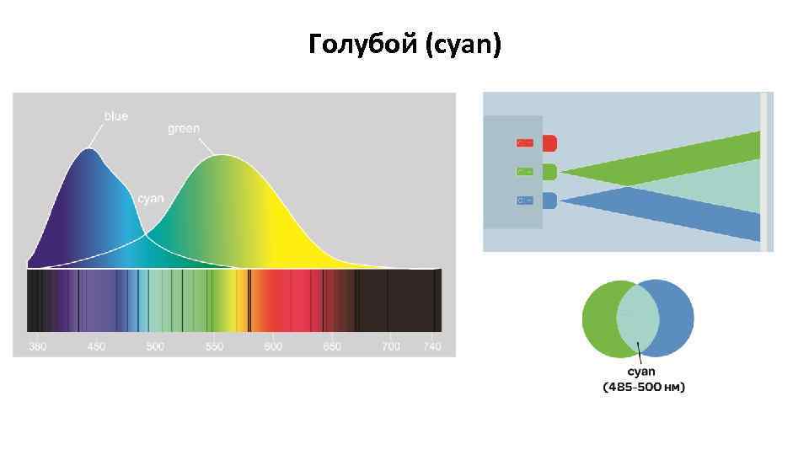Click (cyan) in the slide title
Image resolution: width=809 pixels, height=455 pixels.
(464, 45)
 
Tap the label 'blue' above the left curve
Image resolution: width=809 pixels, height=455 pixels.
(116, 115)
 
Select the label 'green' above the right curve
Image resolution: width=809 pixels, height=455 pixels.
(184, 129)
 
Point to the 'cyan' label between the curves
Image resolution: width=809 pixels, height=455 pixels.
(151, 199)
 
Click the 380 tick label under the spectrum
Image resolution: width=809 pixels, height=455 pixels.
(38, 347)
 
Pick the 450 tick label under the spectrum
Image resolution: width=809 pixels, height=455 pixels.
(96, 347)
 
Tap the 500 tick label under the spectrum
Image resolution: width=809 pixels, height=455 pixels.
(155, 347)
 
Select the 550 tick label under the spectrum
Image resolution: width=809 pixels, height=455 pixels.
(214, 347)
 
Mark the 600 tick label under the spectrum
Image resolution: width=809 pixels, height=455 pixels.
(273, 347)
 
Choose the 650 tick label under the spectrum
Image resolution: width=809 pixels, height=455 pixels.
(332, 347)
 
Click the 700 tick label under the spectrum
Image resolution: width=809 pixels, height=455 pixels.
(391, 347)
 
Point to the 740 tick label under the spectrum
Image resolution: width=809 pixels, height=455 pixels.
(432, 347)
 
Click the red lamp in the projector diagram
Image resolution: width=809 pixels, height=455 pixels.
(549, 143)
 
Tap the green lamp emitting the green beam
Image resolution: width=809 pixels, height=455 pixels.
(549, 172)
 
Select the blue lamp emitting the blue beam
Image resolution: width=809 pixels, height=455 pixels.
(549, 201)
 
